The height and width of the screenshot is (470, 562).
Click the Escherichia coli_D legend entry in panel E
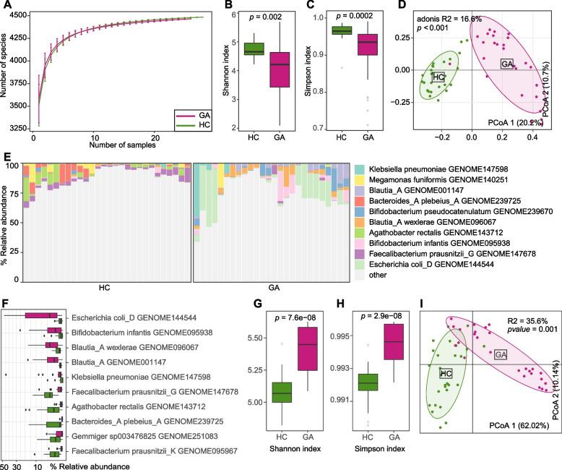427,265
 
